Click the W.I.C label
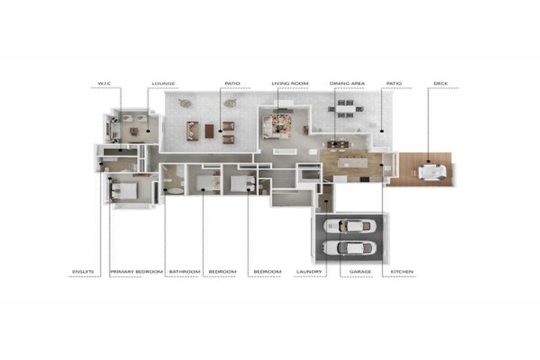(x=105, y=84)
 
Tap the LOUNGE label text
(x=163, y=84)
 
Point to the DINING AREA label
(x=347, y=84)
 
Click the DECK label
(x=440, y=84)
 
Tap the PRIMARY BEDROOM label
(x=136, y=271)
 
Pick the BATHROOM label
(x=185, y=271)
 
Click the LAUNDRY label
(x=309, y=271)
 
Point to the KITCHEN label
(x=402, y=271)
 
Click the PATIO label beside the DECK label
(x=394, y=84)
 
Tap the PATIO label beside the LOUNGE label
(x=233, y=84)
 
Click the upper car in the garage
(x=349, y=226)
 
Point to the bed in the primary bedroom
(x=125, y=188)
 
